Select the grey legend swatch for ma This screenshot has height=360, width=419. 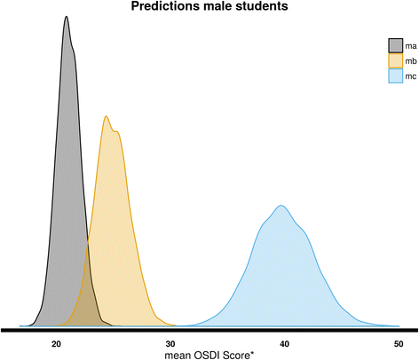click(x=395, y=44)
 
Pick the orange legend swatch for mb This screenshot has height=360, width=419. click(x=395, y=61)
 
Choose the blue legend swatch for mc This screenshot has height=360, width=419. click(x=395, y=77)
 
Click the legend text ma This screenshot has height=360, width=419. click(x=412, y=44)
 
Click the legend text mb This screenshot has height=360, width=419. click(x=412, y=61)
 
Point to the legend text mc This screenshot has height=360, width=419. click(x=412, y=77)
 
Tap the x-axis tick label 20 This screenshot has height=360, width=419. click(x=57, y=343)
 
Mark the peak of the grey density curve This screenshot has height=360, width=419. click(x=67, y=17)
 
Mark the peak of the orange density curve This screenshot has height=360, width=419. click(x=107, y=116)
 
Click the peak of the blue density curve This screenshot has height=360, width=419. click(x=281, y=206)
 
